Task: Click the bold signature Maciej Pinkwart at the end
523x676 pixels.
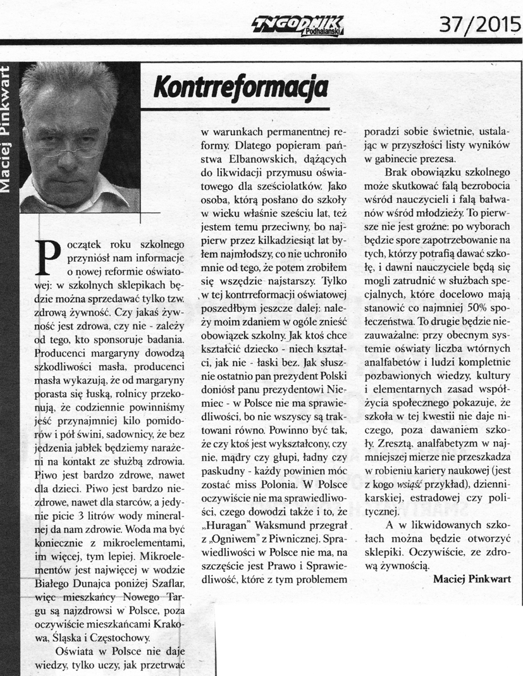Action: [x=472, y=577]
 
